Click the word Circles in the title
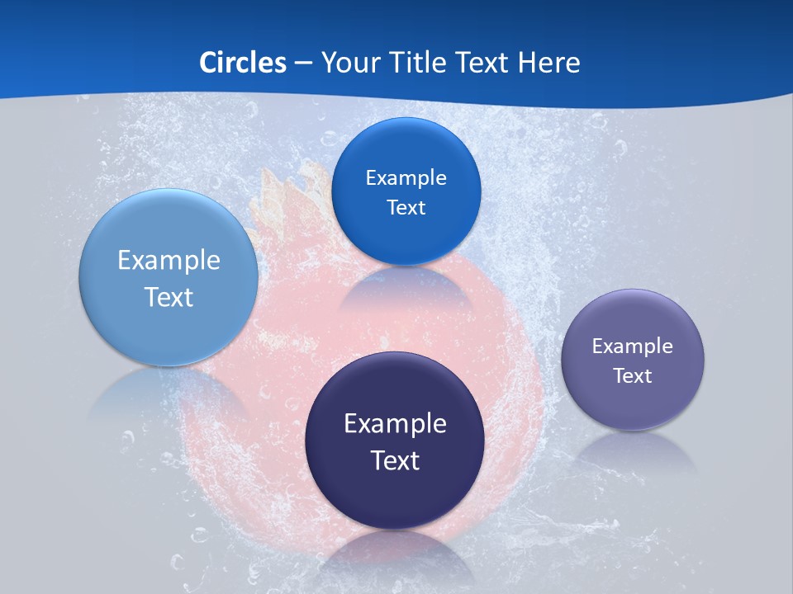click(x=242, y=62)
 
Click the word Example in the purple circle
click(x=633, y=346)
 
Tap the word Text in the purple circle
click(x=633, y=376)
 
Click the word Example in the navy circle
click(x=395, y=424)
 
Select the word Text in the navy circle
click(x=395, y=460)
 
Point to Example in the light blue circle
click(x=169, y=261)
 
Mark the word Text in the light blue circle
click(x=169, y=297)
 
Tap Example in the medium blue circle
click(x=406, y=177)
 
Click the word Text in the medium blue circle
click(x=406, y=207)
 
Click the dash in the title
click(x=303, y=63)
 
